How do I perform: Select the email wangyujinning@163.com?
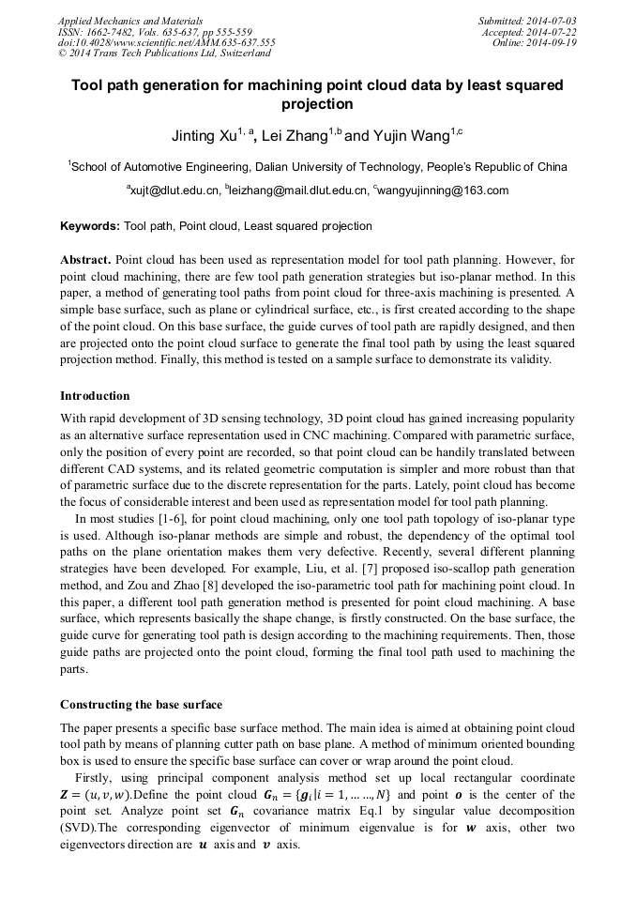444,191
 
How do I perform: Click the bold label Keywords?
90,226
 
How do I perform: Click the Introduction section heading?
95,396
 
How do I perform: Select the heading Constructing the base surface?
141,704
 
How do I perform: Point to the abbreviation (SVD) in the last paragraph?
79,828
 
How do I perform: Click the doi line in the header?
166,43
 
